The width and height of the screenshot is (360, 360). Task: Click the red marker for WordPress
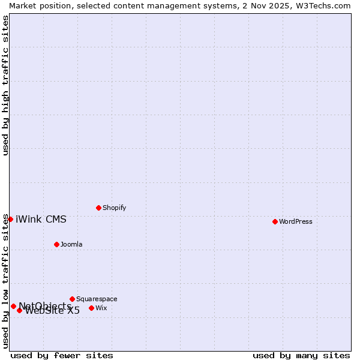coord(275,221)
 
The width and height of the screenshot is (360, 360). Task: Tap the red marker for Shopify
coord(98,208)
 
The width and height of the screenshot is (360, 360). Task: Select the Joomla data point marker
coord(56,244)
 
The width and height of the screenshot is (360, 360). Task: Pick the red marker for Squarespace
coord(72,299)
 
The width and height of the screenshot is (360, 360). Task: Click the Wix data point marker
coord(91,308)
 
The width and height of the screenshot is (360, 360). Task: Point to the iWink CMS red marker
coord(10,219)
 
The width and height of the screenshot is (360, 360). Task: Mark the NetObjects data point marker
coord(13,306)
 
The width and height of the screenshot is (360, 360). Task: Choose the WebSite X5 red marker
coord(19,310)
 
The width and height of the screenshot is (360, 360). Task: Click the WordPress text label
coord(296,221)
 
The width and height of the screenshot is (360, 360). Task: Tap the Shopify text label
coord(114,208)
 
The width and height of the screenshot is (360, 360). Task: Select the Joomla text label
coord(71,244)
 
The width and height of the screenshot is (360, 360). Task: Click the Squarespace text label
coord(97,299)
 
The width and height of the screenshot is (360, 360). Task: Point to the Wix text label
coord(101,308)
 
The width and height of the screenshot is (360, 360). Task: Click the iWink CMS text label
coord(41,219)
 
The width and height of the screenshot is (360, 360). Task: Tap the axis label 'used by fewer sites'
coord(62,355)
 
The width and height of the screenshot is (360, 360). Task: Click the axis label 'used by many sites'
coord(301,355)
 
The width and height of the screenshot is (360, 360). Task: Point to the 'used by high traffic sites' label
coord(5,85)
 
